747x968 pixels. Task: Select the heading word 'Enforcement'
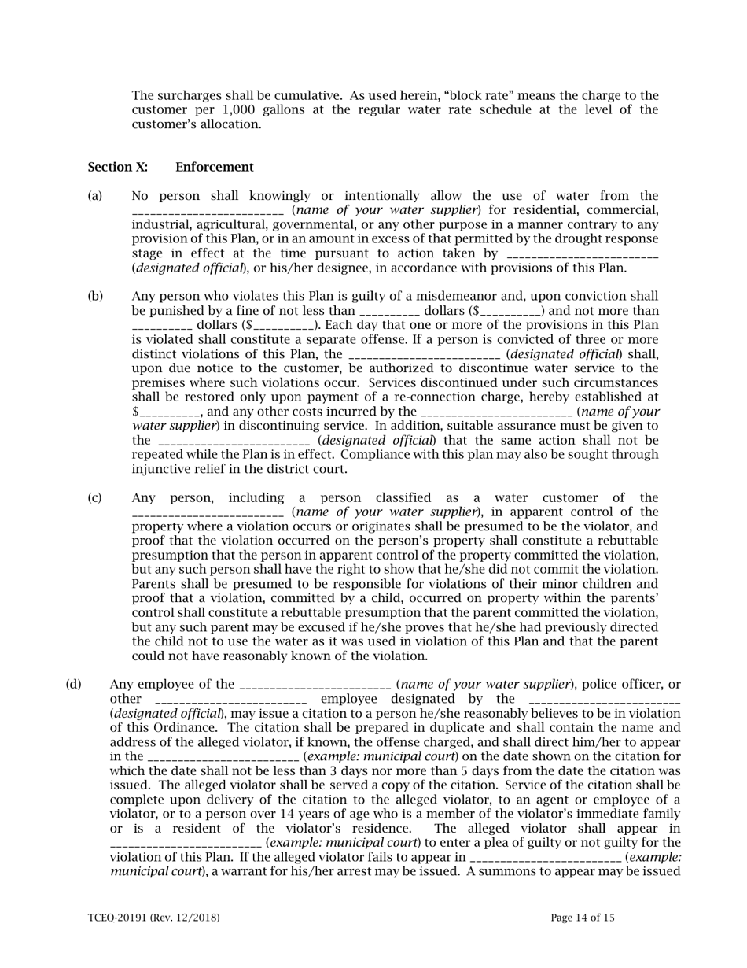click(214, 167)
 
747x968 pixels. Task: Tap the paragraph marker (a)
click(94, 196)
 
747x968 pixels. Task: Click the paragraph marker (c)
click(94, 498)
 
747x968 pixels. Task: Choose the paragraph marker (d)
click(73, 685)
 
